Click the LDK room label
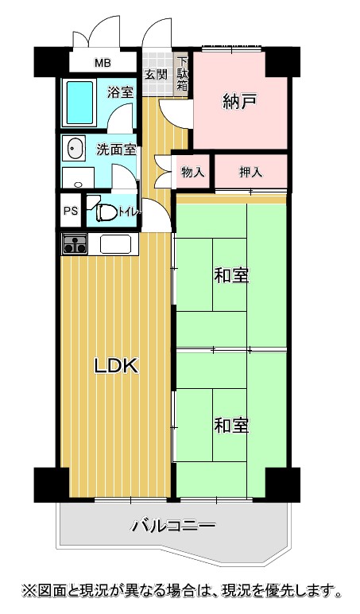pyautogui.click(x=116, y=366)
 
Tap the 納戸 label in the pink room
pyautogui.click(x=239, y=102)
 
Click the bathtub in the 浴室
pyautogui.click(x=80, y=103)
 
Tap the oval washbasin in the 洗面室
pyautogui.click(x=76, y=150)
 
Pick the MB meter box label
pyautogui.click(x=103, y=63)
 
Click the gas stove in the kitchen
pyautogui.click(x=75, y=243)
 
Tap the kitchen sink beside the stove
pyautogui.click(x=115, y=244)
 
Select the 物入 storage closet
pyautogui.click(x=193, y=172)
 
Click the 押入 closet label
pyautogui.click(x=251, y=172)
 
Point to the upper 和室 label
pyautogui.click(x=231, y=276)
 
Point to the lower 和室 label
pyautogui.click(x=231, y=426)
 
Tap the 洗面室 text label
pyautogui.click(x=116, y=150)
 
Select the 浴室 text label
pyautogui.click(x=121, y=92)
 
